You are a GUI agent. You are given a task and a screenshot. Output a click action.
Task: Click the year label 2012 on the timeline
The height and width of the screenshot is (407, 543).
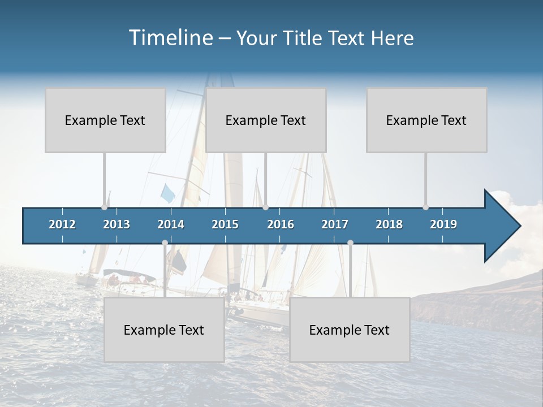62,224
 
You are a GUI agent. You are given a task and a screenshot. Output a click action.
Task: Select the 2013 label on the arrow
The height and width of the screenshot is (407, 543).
117,224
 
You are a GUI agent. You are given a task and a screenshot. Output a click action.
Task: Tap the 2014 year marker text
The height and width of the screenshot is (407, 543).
171,224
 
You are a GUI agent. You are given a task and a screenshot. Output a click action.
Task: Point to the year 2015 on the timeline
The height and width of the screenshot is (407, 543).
225,224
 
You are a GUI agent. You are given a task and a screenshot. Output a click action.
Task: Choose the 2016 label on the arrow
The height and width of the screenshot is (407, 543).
281,224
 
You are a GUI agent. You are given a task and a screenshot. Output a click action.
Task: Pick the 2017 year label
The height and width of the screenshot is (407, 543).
335,224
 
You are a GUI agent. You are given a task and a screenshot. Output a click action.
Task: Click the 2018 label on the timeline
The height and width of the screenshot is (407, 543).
389,224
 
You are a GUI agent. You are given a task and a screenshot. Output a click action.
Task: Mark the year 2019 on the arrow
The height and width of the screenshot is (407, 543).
443,224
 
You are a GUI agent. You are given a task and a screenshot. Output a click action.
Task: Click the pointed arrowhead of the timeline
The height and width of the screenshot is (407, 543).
503,226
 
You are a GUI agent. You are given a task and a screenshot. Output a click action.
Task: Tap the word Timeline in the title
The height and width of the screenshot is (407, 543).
170,38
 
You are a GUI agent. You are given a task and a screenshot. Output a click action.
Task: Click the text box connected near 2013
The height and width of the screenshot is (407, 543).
105,120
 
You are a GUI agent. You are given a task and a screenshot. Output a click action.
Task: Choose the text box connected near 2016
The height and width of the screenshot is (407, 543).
266,120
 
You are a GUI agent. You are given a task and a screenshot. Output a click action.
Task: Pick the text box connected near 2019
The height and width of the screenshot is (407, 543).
426,120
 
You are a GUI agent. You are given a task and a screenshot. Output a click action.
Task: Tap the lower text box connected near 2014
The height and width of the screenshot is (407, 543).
164,330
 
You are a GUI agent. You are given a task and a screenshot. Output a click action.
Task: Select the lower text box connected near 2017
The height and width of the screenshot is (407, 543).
350,330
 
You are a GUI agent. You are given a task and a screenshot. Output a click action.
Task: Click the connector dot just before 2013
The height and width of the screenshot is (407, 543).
105,207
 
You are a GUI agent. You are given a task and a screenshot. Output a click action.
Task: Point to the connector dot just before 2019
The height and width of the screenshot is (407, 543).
426,207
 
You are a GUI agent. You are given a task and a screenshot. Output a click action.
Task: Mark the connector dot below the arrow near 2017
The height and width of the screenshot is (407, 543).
350,243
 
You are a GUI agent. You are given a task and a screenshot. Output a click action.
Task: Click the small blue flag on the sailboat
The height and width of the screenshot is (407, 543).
168,193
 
